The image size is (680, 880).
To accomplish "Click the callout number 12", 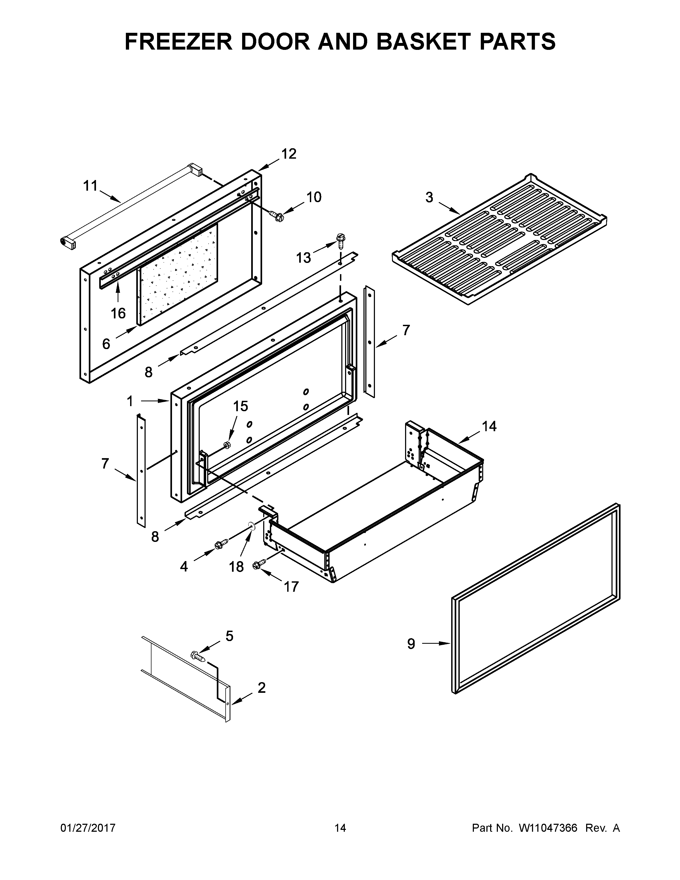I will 289,154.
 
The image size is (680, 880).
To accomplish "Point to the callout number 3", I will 429,197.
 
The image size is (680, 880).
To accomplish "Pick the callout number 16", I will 118,313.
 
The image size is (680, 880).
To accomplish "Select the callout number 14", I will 489,426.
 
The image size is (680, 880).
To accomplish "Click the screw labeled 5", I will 198,656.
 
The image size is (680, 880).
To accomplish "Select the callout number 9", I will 411,644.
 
